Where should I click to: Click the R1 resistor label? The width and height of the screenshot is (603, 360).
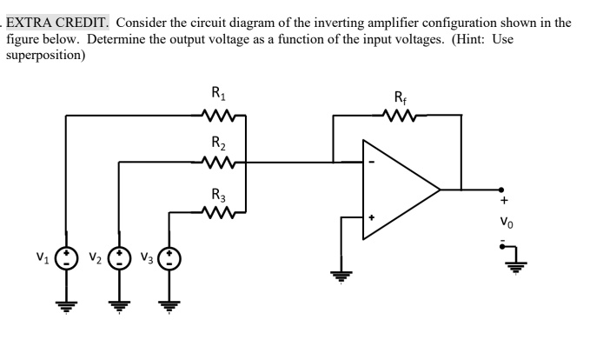(219, 91)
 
